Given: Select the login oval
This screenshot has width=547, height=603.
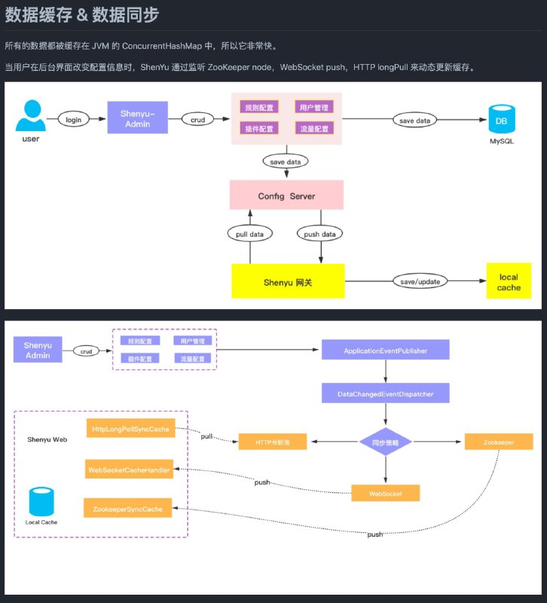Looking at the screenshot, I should (73, 119).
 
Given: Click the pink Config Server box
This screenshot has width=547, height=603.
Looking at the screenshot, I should (286, 195).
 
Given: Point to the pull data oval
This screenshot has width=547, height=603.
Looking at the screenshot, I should (249, 234).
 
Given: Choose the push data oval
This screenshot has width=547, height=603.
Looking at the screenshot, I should (319, 234).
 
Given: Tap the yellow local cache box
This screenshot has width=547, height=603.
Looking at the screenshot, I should (509, 282).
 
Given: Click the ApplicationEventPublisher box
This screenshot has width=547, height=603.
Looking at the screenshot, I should (385, 350).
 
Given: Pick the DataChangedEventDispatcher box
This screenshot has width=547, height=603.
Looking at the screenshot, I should (385, 393).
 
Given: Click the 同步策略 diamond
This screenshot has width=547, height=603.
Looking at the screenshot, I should (385, 442).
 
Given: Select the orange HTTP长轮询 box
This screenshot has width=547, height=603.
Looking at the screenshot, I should (273, 442).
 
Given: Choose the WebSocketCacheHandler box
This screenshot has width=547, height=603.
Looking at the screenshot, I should (130, 470).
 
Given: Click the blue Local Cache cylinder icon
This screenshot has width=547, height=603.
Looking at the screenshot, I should (41, 502).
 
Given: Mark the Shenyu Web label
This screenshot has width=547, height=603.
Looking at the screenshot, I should (47, 439).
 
